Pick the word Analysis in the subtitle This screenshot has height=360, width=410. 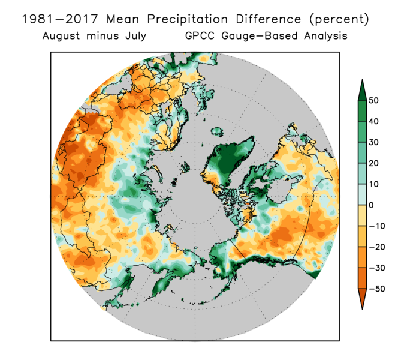323,36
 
